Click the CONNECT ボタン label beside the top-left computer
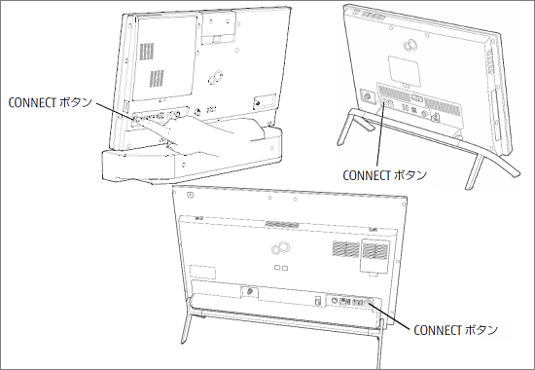(50, 100)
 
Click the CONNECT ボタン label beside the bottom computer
(455, 331)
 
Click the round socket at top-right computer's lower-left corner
(365, 95)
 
